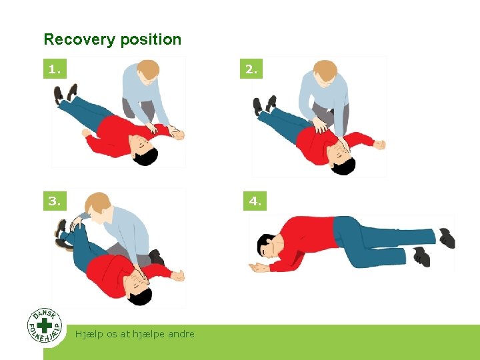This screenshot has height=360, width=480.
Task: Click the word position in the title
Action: click(x=151, y=40)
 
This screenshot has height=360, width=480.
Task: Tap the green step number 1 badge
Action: click(x=55, y=68)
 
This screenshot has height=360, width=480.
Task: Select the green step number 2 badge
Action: click(x=251, y=68)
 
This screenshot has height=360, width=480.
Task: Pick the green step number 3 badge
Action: click(x=55, y=200)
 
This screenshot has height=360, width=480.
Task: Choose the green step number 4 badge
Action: click(x=255, y=200)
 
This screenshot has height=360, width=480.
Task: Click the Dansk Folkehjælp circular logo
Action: click(x=45, y=325)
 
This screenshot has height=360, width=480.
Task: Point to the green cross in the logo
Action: click(x=45, y=325)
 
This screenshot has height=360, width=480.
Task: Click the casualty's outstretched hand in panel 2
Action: click(x=379, y=144)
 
